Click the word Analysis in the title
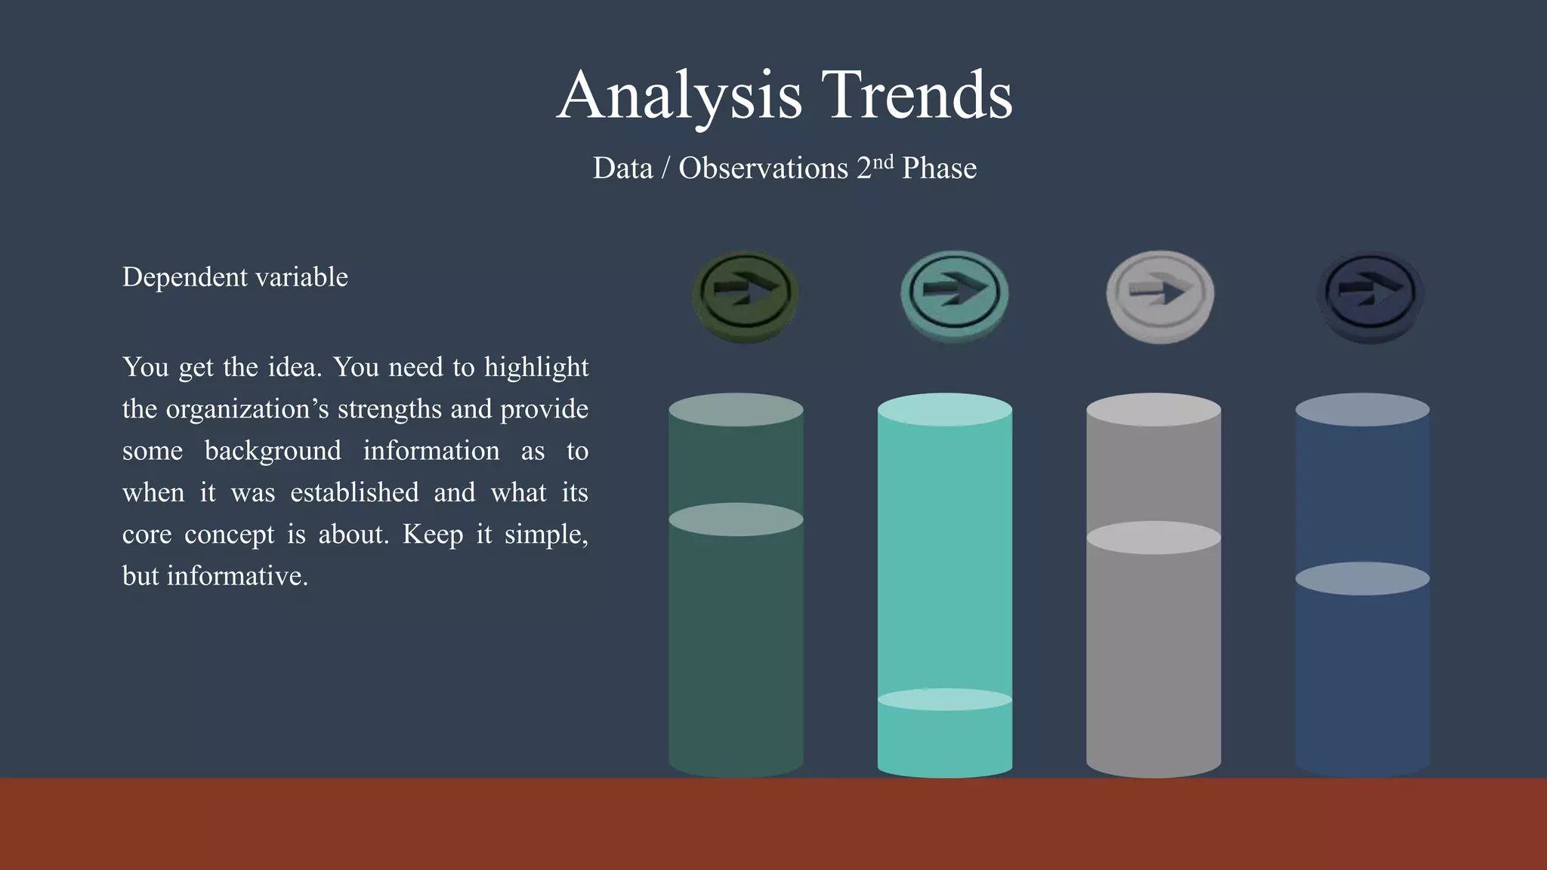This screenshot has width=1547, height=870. (x=679, y=96)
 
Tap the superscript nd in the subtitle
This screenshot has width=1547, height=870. (x=883, y=162)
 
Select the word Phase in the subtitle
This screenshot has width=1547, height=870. (x=939, y=168)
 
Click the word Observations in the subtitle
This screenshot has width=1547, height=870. (x=763, y=168)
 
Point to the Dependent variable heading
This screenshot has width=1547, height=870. (x=235, y=277)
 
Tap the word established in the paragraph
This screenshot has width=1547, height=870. (x=354, y=492)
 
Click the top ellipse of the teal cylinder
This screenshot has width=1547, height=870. (x=944, y=409)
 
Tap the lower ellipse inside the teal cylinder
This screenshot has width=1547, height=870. (x=944, y=699)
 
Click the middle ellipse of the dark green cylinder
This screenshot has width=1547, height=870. (x=736, y=520)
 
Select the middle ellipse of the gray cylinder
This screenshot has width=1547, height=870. (x=1153, y=538)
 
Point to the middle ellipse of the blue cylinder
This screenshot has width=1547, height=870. (x=1362, y=578)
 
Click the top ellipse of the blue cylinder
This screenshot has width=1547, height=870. (x=1362, y=409)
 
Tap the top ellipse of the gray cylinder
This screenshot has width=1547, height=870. (x=1153, y=409)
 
